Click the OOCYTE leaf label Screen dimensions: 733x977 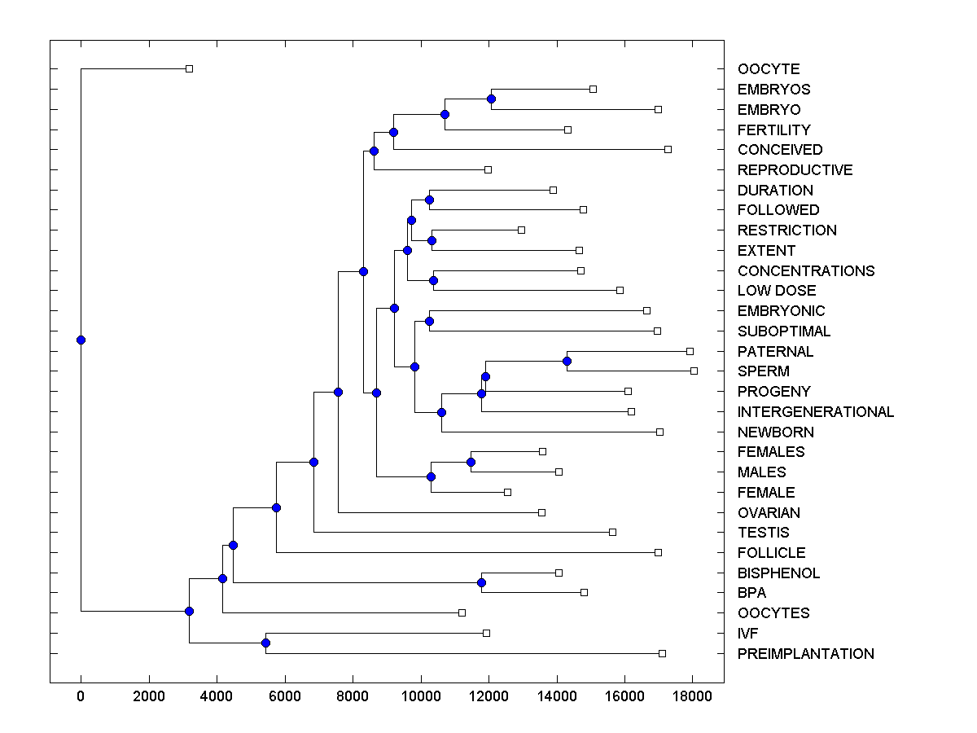click(x=769, y=69)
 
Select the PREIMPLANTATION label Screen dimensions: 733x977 click(x=805, y=654)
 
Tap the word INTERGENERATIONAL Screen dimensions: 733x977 click(x=816, y=412)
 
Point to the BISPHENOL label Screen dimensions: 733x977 click(x=778, y=573)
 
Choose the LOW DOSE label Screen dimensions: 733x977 click(x=776, y=291)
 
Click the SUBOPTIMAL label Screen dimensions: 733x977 click(x=784, y=331)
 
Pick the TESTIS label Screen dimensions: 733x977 click(x=763, y=533)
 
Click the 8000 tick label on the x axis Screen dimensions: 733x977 click(x=353, y=696)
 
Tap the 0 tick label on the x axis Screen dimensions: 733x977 click(x=81, y=696)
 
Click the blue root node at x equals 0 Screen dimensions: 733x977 click(x=81, y=340)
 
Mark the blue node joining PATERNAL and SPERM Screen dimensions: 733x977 click(x=567, y=361)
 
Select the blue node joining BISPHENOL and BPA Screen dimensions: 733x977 click(x=481, y=582)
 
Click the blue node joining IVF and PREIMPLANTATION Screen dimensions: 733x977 click(x=265, y=643)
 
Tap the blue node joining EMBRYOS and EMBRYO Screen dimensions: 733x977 click(x=491, y=99)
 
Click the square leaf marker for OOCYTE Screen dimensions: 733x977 click(x=189, y=69)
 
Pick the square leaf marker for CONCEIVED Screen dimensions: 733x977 click(x=668, y=149)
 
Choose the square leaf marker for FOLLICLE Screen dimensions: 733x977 click(x=658, y=552)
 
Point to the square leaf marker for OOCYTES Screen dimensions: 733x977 click(x=462, y=612)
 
